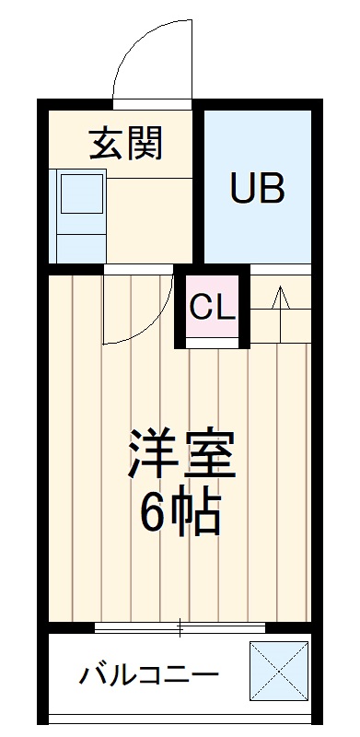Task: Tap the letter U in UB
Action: [x=243, y=189]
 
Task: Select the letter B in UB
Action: [x=272, y=189]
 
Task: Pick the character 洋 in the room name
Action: [x=154, y=453]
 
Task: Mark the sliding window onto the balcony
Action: [x=180, y=629]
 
